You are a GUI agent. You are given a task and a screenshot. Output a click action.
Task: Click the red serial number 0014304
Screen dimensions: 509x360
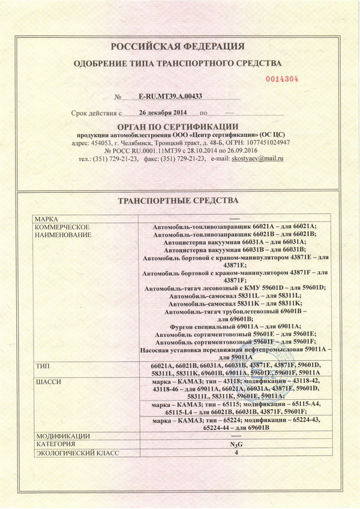tap(281, 78)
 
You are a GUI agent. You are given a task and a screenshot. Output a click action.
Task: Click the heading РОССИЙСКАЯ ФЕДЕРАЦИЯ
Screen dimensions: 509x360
tap(178, 47)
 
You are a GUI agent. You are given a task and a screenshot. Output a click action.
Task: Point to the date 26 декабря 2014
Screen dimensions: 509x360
tap(163, 112)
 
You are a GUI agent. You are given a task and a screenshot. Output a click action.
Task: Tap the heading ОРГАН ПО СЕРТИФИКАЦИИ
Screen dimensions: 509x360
tap(178, 126)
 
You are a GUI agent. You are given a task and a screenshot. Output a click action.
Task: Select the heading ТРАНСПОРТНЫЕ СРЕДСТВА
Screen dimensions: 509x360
tap(179, 200)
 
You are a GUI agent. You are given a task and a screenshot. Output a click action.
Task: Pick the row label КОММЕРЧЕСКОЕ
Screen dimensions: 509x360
tap(62, 227)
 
